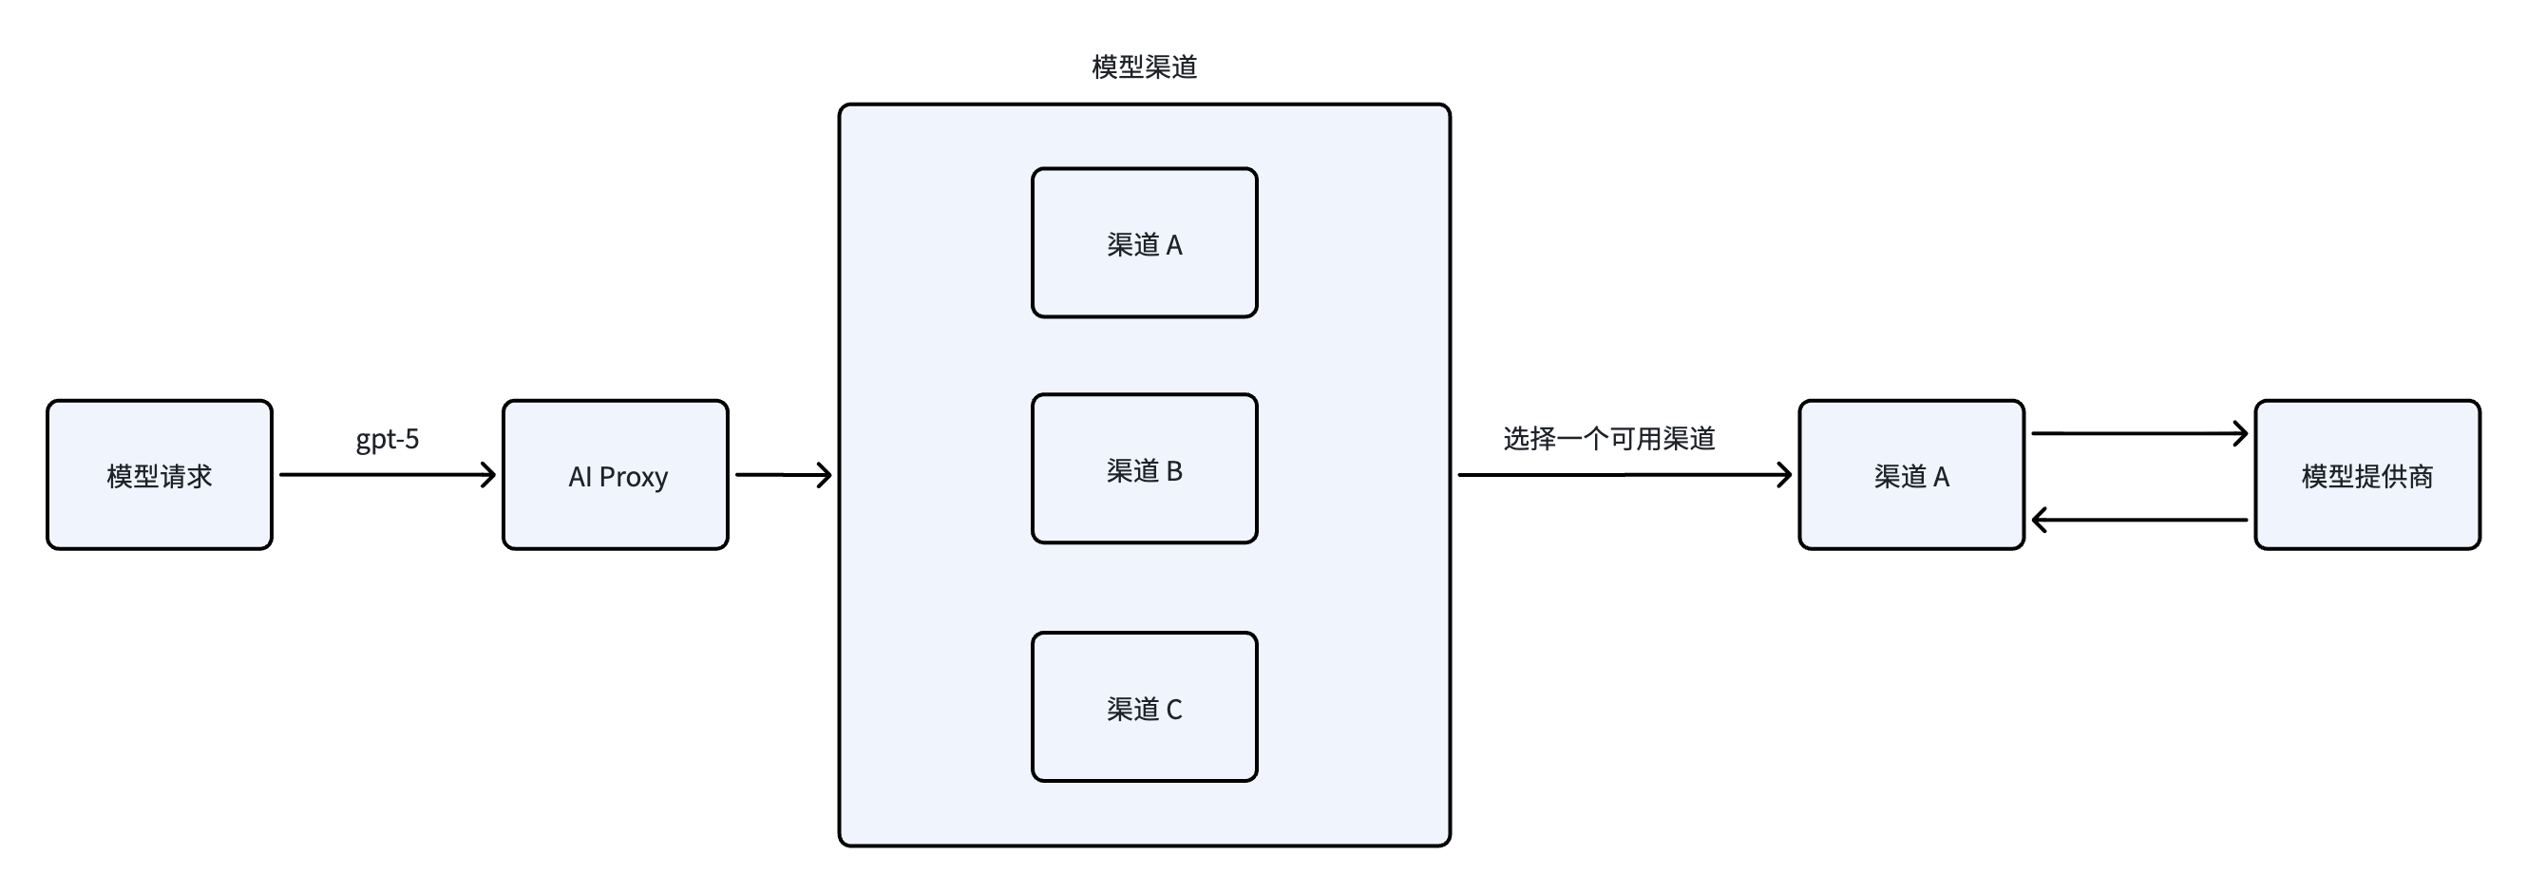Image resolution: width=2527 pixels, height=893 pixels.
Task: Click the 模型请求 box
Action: pos(159,475)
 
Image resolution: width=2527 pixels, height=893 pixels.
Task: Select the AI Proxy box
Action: pos(615,475)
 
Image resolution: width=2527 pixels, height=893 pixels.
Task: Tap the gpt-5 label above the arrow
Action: pos(388,439)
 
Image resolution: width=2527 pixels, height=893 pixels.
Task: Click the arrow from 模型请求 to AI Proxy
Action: pos(387,475)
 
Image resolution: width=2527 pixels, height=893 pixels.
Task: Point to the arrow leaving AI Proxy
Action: pos(782,475)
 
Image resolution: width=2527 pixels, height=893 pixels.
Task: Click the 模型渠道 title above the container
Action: pos(1144,66)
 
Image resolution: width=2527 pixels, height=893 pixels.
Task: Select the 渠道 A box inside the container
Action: pos(1144,243)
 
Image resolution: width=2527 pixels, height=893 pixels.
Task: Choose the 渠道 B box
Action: pos(1144,469)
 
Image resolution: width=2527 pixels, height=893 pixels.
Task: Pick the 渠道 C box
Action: pos(1144,708)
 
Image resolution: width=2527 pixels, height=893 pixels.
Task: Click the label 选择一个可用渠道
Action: pos(1608,439)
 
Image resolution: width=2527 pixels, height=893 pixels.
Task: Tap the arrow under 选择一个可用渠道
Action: pos(1624,475)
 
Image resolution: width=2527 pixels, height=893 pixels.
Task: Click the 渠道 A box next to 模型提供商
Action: pos(1911,475)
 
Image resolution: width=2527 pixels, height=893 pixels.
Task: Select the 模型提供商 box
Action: pos(2367,475)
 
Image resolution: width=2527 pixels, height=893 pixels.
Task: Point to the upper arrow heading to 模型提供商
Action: pos(2138,433)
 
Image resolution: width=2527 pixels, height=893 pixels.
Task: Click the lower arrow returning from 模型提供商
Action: pos(2138,519)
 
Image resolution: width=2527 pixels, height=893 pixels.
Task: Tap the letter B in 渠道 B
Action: pos(1174,471)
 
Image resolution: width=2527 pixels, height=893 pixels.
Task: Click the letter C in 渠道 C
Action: pos(1174,710)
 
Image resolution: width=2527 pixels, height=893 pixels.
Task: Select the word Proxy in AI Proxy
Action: pos(633,477)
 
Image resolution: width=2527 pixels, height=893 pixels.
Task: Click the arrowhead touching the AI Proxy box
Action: pos(489,475)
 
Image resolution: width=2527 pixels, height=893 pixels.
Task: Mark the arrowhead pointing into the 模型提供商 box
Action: pos(2240,433)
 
